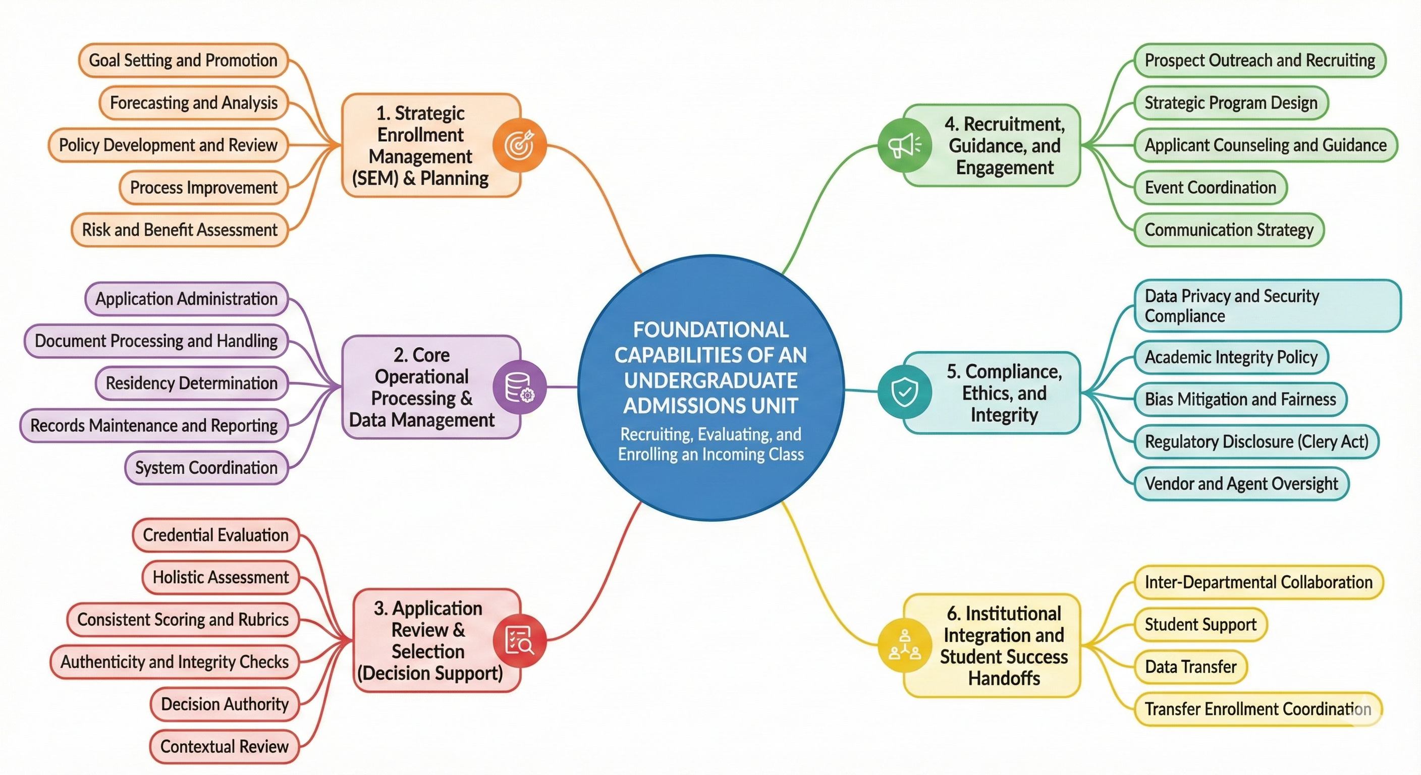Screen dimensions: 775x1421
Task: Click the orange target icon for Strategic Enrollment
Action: pos(519,145)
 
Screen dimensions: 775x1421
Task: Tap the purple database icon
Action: pos(519,386)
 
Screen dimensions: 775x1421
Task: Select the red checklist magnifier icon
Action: pos(519,640)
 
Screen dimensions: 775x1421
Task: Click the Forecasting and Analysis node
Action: pos(194,102)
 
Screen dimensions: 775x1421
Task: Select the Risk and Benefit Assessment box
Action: pos(180,230)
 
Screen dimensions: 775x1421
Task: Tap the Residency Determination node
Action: pos(191,383)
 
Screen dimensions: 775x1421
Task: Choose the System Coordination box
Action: pos(206,468)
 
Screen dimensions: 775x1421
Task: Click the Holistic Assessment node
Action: pos(221,578)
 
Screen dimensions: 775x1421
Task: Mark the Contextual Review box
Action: pos(224,746)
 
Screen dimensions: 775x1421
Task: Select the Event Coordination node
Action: pos(1210,188)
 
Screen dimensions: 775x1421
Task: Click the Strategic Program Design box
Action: pos(1231,102)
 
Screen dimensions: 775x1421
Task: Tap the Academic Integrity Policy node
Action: pos(1231,357)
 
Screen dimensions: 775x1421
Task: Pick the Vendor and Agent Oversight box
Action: pos(1241,484)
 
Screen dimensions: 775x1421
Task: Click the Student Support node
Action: pos(1200,625)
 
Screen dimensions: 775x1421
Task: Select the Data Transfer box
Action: pos(1190,667)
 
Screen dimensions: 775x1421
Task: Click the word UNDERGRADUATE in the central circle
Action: pos(710,380)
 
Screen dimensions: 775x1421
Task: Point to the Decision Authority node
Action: pos(225,704)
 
